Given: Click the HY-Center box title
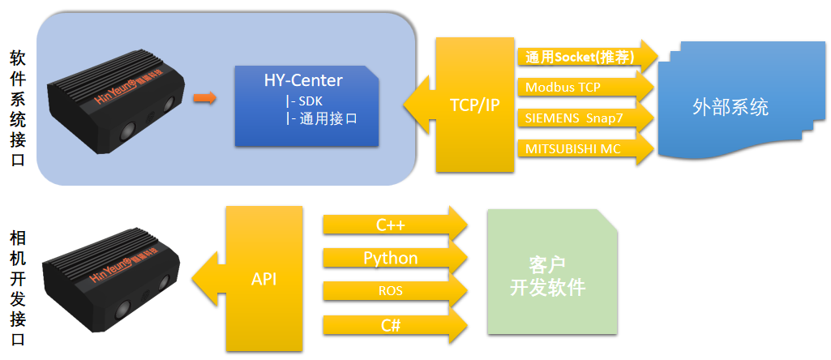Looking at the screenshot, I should (x=303, y=80).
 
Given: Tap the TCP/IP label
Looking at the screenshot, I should (x=474, y=105).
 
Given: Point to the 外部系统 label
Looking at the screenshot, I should (x=730, y=106).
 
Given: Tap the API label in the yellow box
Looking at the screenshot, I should (x=264, y=279).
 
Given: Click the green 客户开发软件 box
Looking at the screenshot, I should (x=547, y=276).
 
